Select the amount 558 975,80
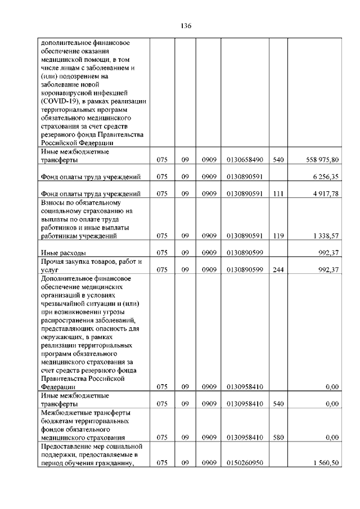[320, 160]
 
